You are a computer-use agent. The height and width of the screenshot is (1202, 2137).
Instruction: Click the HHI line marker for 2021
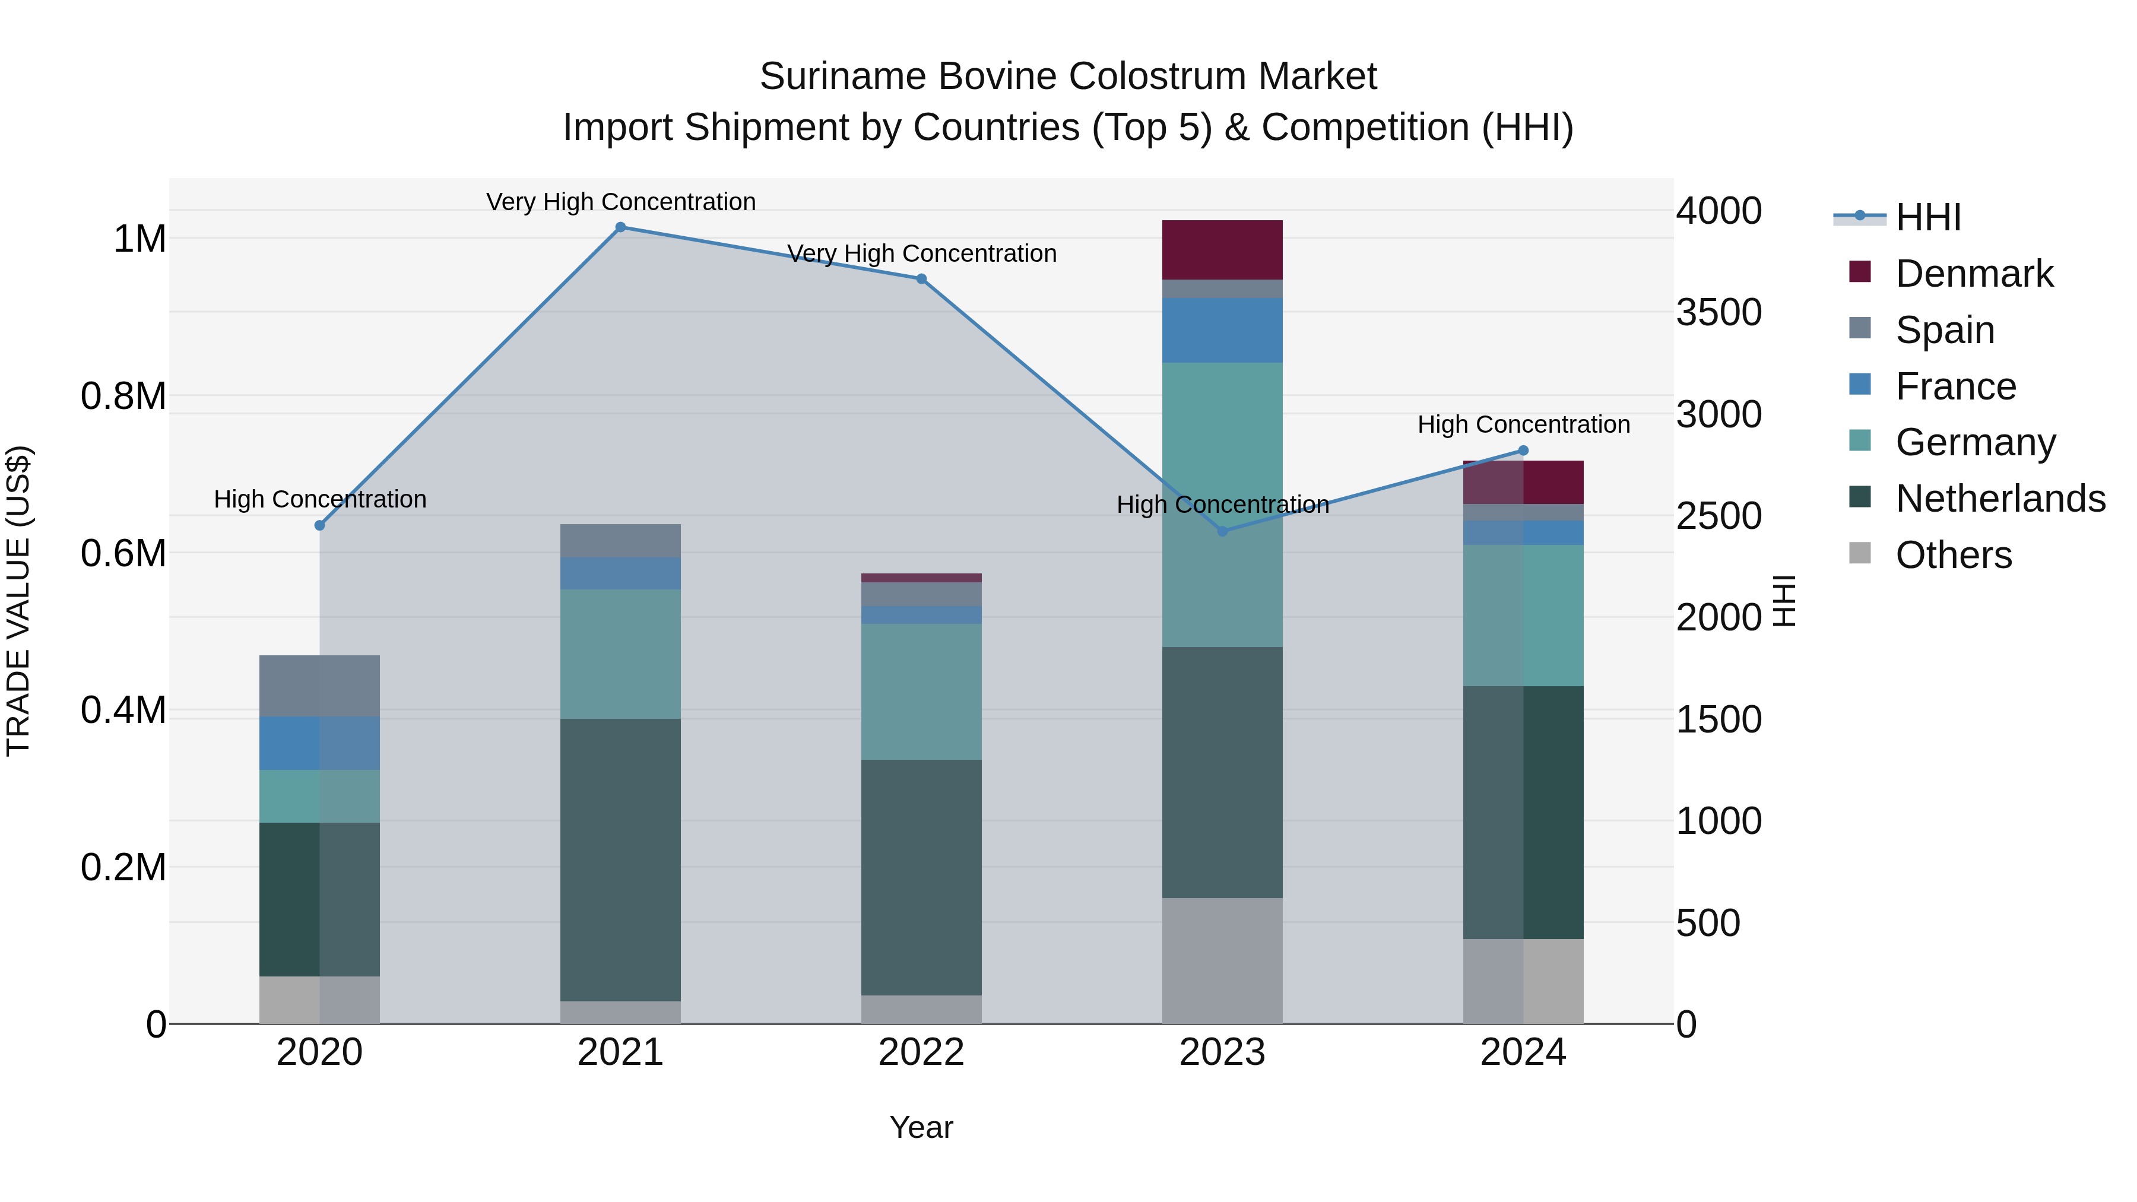(x=620, y=227)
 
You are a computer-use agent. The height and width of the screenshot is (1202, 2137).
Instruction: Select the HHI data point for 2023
(x=1222, y=531)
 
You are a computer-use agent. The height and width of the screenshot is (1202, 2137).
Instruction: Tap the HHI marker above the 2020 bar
(x=319, y=525)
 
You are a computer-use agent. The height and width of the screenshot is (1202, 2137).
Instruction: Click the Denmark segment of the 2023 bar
(x=1222, y=250)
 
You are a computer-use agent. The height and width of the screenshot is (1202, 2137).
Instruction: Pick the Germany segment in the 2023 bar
(x=1222, y=505)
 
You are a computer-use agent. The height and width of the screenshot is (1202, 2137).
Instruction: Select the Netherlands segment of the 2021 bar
(x=620, y=860)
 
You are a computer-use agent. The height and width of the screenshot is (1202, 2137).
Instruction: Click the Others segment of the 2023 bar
(x=1222, y=960)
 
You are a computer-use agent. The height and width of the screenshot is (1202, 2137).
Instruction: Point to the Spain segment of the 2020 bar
(x=319, y=686)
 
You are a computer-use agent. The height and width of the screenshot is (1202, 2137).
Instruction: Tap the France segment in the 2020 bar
(x=319, y=743)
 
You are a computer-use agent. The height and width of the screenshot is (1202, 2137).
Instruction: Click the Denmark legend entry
(x=1974, y=274)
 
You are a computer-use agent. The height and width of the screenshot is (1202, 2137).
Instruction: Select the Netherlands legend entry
(x=2000, y=499)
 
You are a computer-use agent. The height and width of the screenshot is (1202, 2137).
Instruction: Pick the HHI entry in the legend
(x=1928, y=217)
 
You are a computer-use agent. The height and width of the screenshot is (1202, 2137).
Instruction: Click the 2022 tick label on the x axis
(x=921, y=1052)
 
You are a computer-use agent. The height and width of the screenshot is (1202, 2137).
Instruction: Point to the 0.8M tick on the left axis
(x=123, y=397)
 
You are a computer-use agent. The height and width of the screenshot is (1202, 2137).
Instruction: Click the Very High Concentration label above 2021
(x=620, y=202)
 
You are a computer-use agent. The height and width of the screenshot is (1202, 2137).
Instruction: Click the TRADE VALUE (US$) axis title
(x=18, y=601)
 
